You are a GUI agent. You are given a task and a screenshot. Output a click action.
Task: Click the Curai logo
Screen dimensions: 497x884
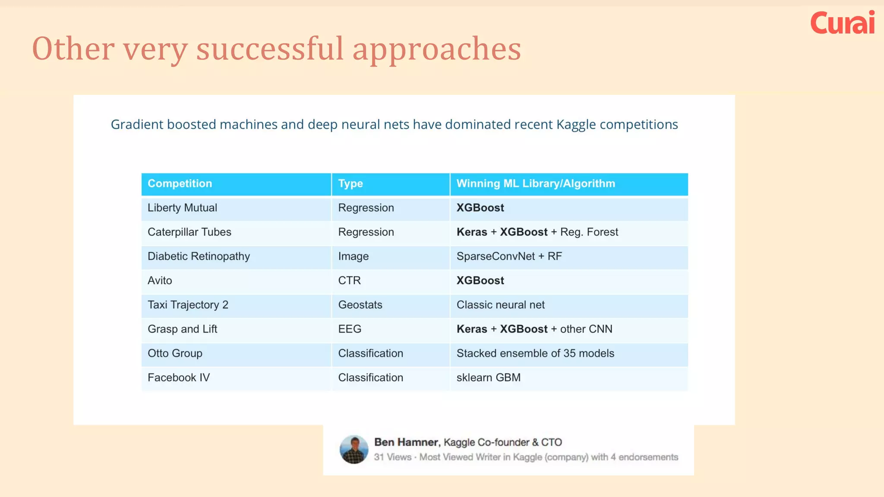pos(842,23)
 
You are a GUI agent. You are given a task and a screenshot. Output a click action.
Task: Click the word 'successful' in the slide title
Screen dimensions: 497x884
pos(270,48)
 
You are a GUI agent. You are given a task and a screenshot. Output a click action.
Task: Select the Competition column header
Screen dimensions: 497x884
pos(180,183)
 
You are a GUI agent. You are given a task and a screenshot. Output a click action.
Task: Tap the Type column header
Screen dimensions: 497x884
pos(350,183)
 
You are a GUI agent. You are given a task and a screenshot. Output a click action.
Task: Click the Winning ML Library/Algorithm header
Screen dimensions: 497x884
pos(535,183)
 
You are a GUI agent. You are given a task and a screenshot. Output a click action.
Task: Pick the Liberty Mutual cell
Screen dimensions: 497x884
pos(182,208)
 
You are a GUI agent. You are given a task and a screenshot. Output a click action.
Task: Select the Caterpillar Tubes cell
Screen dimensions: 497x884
pos(189,232)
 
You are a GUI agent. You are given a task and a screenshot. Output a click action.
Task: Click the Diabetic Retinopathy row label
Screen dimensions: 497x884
pos(199,256)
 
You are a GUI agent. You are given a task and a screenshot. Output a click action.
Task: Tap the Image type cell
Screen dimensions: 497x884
pos(353,256)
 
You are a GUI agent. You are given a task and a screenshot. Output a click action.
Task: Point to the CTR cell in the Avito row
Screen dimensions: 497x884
pos(349,280)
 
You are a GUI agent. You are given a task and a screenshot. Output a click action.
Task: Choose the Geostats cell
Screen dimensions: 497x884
pos(360,305)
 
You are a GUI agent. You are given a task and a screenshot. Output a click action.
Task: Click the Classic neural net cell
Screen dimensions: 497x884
pos(500,305)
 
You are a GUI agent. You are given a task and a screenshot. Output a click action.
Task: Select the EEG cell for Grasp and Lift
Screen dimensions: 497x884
pos(350,329)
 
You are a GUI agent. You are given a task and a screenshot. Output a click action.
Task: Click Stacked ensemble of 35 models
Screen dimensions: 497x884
pos(535,353)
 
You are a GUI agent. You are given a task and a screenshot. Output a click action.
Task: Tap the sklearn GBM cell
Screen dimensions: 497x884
pos(488,377)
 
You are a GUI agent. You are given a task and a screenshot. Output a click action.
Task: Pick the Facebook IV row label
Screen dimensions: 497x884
pos(178,377)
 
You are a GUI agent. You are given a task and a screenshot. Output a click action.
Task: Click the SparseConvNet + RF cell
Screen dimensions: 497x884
pos(509,256)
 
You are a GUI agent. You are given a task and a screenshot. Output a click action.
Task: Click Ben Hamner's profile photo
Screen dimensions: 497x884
pos(354,450)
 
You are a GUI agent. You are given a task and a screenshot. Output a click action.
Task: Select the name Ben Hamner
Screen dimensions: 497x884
pos(406,442)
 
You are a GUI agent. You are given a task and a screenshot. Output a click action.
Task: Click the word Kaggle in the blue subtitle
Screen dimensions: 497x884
pos(575,125)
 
